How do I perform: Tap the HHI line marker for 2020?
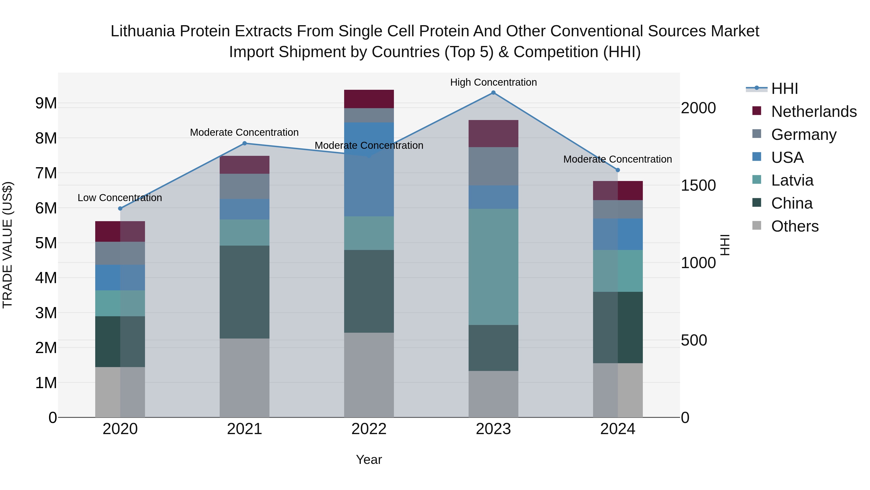click(x=120, y=208)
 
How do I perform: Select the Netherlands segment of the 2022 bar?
click(x=369, y=99)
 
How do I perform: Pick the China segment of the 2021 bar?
click(x=245, y=292)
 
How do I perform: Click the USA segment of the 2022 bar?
click(x=369, y=169)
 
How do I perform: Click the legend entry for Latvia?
click(x=792, y=180)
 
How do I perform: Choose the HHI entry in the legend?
click(x=784, y=89)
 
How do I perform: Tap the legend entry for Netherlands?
click(x=813, y=112)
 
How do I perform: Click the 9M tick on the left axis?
click(x=46, y=103)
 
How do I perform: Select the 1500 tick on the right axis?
click(x=698, y=185)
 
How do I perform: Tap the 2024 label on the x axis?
click(x=617, y=429)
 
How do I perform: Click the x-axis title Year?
click(x=369, y=460)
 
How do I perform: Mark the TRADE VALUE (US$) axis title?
click(x=7, y=245)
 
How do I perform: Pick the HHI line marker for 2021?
click(x=245, y=143)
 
